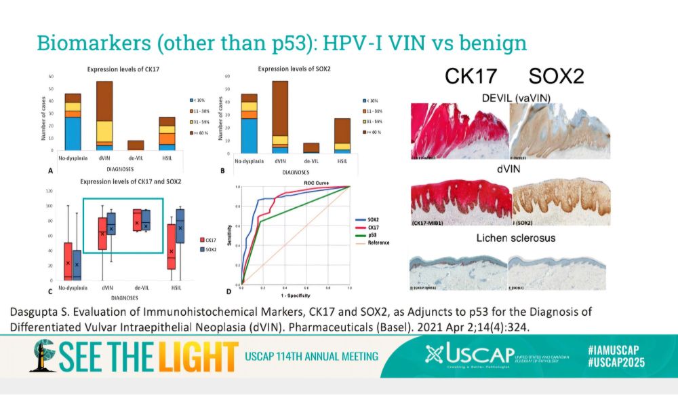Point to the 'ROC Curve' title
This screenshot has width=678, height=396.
[x=294, y=183]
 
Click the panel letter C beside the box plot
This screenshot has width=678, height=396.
[x=51, y=293]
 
